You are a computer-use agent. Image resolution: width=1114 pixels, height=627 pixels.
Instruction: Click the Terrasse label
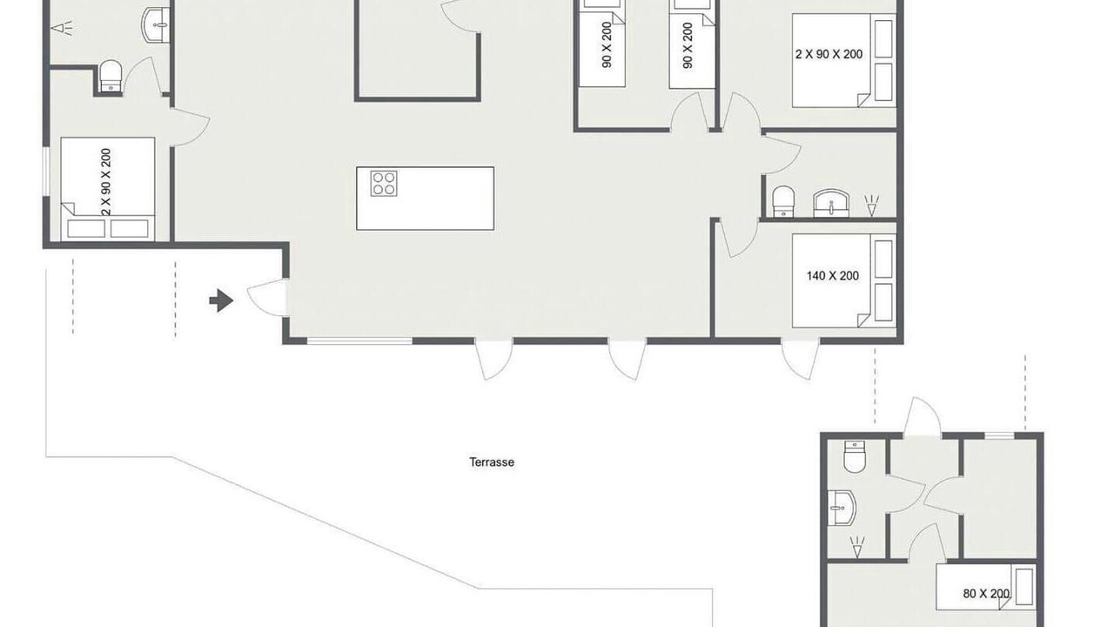coord(492,462)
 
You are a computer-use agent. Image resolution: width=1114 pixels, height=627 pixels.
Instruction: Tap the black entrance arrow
coord(221,300)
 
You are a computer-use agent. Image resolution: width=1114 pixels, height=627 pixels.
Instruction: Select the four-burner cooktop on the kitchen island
coord(384,183)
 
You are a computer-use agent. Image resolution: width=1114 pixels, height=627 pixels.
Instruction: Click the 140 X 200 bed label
coord(833,276)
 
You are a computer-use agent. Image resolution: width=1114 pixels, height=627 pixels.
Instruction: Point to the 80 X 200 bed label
coord(986,594)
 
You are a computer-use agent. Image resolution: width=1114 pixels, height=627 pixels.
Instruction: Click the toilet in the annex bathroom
coord(855,456)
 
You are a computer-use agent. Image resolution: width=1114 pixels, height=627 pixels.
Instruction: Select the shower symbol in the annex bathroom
coord(857,547)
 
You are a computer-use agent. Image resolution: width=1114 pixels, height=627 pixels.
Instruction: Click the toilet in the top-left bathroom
coord(111,76)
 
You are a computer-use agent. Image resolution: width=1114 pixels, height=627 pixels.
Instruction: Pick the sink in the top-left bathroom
coord(156,25)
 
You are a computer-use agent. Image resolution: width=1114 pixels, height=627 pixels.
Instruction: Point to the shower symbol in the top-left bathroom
coord(62,28)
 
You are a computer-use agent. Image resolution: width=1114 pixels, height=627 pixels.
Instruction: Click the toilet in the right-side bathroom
coord(783,201)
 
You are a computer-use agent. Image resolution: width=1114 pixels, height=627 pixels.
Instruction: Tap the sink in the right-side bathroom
coord(831,203)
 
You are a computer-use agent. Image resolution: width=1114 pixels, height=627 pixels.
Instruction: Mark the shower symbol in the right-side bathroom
coord(871,206)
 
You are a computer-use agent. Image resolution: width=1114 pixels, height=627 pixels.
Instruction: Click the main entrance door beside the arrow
coord(267,298)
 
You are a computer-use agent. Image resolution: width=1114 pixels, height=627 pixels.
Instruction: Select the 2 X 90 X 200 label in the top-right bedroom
coord(829,54)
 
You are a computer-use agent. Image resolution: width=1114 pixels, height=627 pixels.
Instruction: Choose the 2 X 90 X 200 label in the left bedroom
coord(105,182)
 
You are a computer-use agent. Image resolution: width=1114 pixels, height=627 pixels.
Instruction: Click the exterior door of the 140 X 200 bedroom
coord(800,360)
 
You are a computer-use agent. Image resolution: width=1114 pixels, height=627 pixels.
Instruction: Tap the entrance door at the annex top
coord(922,417)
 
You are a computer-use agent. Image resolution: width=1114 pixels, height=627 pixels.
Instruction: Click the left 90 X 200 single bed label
coord(607,44)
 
